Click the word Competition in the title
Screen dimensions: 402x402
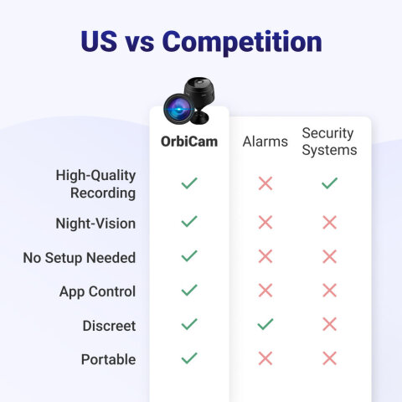[243, 41]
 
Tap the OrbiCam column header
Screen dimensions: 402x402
[189, 142]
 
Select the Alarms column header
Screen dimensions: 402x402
[265, 142]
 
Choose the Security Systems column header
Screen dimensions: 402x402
[329, 142]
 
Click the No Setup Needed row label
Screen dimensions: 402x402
[80, 258]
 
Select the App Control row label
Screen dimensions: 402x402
[97, 291]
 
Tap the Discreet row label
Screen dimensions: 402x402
[109, 326]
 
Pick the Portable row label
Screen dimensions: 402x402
[108, 359]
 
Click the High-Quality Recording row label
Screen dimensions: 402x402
[95, 183]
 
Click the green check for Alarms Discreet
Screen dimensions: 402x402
[265, 324]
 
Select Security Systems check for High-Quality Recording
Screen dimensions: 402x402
[329, 183]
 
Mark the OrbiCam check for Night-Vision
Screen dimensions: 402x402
[189, 222]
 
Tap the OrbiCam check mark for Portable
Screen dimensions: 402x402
[189, 358]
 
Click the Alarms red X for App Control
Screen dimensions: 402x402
[265, 291]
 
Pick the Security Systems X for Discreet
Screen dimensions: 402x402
[329, 324]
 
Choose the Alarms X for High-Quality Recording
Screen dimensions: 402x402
[265, 183]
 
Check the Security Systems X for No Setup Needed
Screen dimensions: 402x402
[329, 256]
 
